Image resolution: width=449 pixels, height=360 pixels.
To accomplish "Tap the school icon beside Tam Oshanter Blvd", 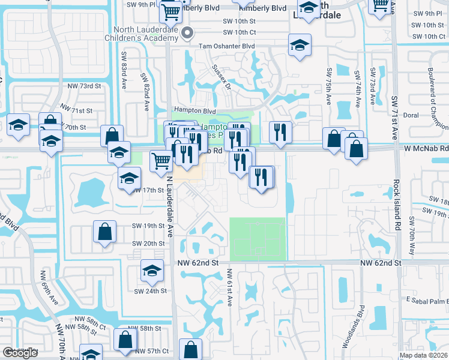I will [x=298, y=45].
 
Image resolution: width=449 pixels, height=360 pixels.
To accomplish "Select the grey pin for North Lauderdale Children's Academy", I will [x=187, y=34].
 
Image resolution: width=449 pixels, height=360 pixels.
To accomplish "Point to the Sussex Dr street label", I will [x=221, y=77].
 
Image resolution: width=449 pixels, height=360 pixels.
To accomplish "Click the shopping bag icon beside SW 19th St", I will [x=104, y=232].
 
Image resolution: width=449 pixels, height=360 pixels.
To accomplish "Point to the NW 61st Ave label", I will [x=229, y=287].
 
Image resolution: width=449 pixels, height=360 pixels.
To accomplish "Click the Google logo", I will [x=20, y=353].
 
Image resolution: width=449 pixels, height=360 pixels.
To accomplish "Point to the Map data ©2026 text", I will [x=423, y=355].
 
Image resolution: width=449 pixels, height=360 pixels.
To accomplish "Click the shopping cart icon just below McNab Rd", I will [x=160, y=161].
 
